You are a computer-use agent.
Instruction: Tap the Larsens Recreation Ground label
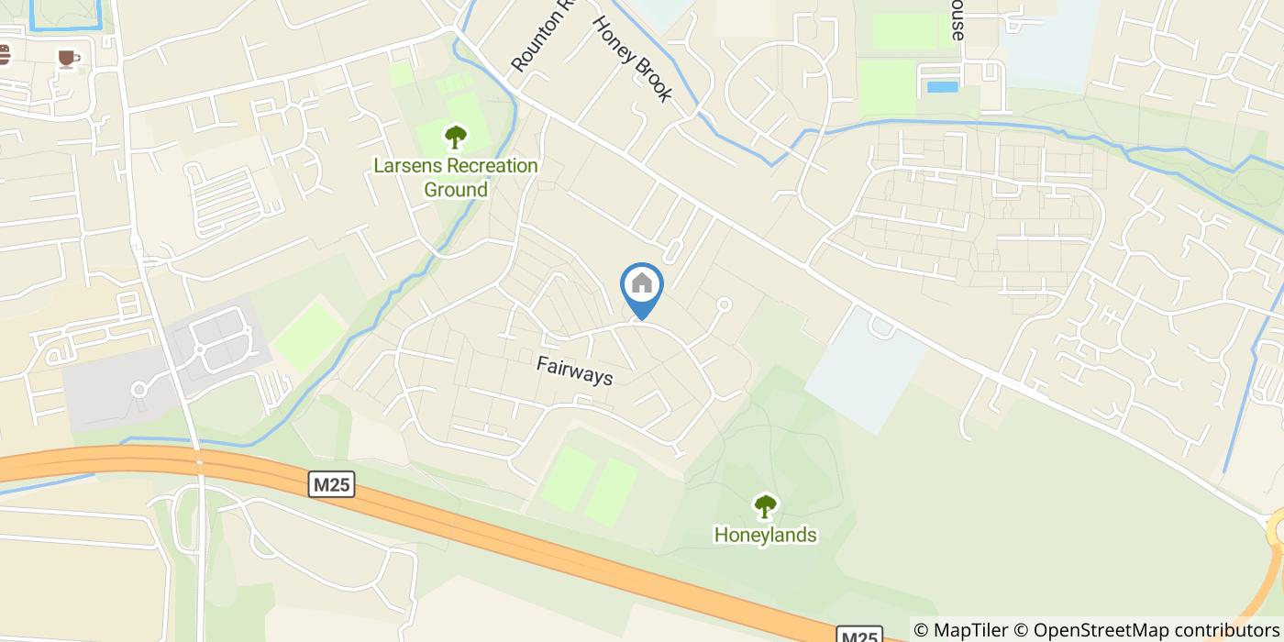point(456,178)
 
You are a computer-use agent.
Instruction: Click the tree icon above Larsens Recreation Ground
point(455,138)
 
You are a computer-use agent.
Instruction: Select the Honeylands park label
point(765,535)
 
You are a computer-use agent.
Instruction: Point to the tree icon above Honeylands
point(765,505)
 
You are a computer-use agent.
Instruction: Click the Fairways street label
point(574,371)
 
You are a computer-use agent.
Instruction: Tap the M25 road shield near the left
point(331,484)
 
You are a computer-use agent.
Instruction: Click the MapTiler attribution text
point(960,630)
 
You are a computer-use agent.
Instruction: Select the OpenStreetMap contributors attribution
point(1146,630)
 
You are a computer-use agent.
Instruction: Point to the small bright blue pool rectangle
point(942,87)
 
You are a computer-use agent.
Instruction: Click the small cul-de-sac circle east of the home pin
point(724,304)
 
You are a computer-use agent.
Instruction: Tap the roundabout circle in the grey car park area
point(139,391)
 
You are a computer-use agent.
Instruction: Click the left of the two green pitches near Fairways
point(569,478)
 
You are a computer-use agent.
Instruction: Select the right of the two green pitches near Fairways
point(613,493)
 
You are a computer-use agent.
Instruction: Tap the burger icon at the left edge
point(4,54)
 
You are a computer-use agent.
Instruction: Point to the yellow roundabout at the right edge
point(1278,530)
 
